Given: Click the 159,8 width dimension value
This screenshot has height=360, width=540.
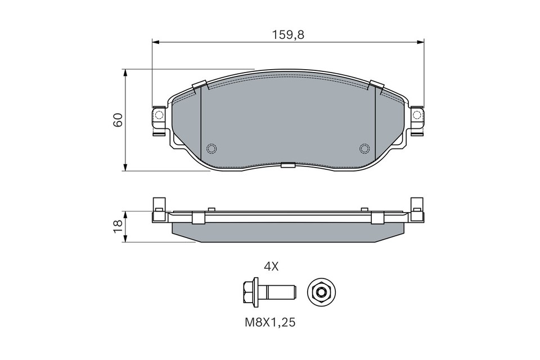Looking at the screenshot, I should coord(289,34).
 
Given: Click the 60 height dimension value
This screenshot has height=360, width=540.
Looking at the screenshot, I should coord(118,120).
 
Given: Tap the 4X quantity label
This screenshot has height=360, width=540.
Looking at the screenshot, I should coord(271,267).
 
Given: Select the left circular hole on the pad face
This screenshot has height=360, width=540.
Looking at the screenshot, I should coord(211,148).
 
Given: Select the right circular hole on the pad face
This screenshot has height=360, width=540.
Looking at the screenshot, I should coord(364,148).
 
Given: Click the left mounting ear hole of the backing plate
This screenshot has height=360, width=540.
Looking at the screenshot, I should coord(159,116).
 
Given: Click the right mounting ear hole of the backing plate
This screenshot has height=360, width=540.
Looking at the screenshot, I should coord(417,116).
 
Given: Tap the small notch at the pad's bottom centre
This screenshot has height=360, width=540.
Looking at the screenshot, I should coord(288,165).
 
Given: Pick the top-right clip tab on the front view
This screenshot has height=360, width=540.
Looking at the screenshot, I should coord(376,85).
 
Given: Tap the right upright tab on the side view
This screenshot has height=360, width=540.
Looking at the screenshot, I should coord(417,206).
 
